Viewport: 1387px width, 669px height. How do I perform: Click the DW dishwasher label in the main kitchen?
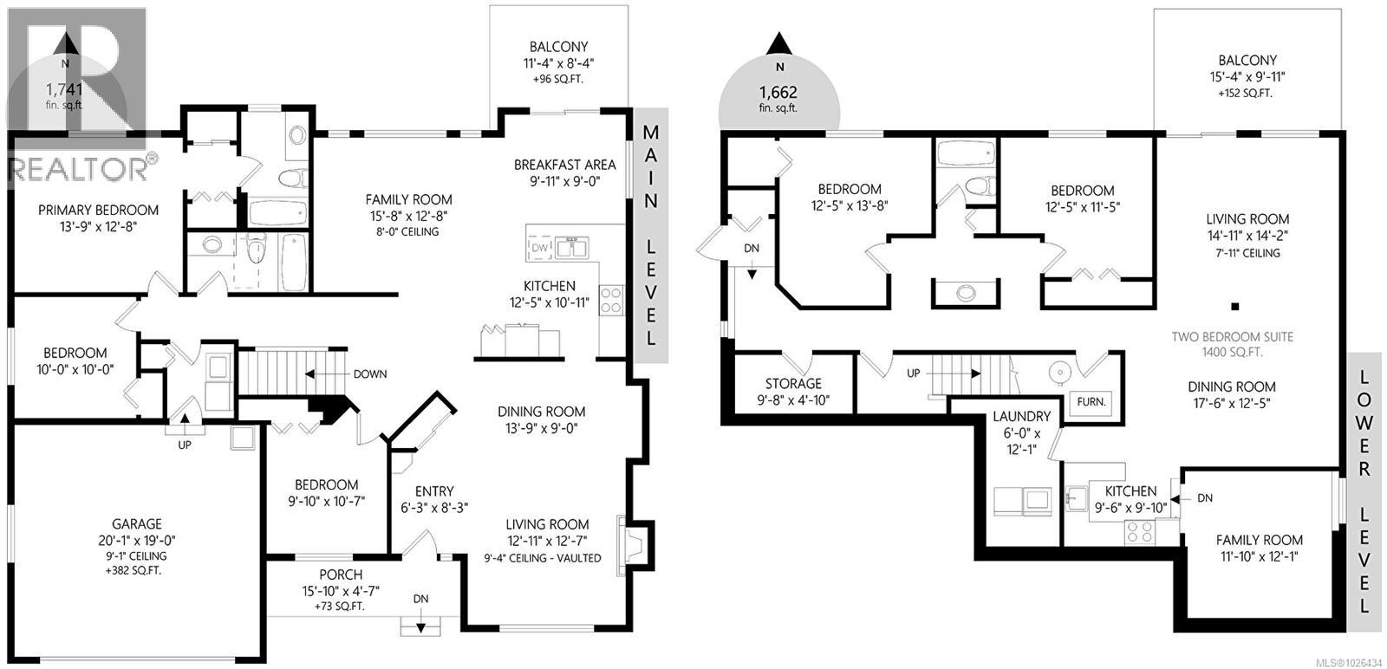tap(538, 249)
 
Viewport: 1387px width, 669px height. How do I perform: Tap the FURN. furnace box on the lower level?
tap(1090, 402)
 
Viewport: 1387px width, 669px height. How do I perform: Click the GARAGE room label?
tap(136, 524)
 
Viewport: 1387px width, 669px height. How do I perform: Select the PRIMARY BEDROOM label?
tap(99, 210)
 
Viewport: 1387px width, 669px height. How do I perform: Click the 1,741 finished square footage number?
tap(64, 89)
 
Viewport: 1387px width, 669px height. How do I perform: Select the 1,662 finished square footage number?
tap(778, 92)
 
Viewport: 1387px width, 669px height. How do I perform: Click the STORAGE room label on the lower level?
tap(792, 383)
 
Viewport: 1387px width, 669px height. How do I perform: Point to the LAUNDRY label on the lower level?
tap(1021, 417)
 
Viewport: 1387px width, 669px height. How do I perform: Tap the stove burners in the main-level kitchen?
tap(611, 300)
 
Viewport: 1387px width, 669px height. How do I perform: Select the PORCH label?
tap(341, 575)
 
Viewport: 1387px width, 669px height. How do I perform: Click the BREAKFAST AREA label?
tap(564, 165)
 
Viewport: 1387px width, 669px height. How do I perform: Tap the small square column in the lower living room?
tap(1235, 305)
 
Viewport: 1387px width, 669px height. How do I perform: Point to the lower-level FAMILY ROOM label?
tap(1259, 540)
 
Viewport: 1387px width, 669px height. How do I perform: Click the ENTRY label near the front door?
tap(434, 491)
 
